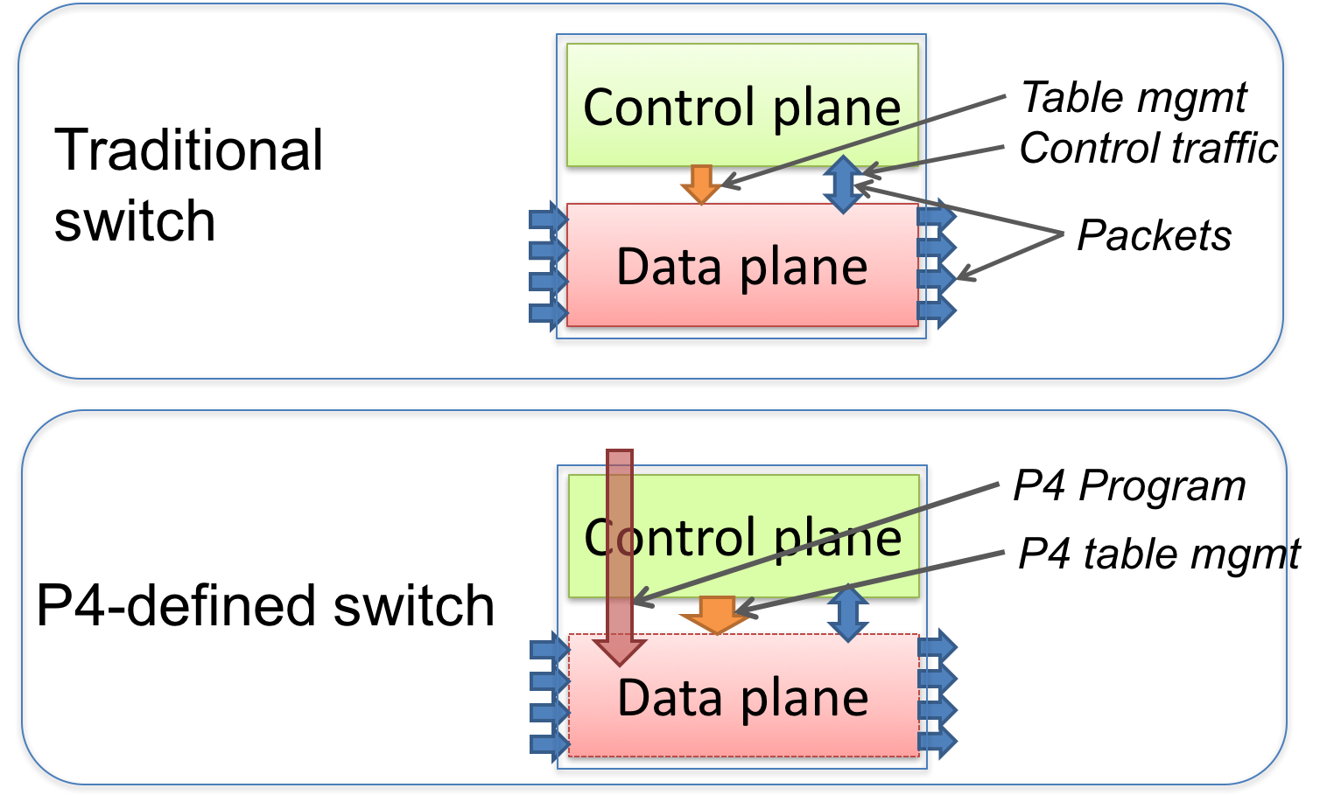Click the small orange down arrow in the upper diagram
pyautogui.click(x=700, y=184)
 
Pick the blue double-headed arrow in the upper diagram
pyautogui.click(x=843, y=185)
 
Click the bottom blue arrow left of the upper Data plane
pyautogui.click(x=549, y=312)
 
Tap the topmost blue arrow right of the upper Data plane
pyautogui.click(x=937, y=214)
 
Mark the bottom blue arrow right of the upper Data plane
pyautogui.click(x=937, y=310)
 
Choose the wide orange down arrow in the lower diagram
pyautogui.click(x=716, y=614)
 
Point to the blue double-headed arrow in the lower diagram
pyautogui.click(x=848, y=613)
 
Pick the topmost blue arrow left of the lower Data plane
pyautogui.click(x=550, y=648)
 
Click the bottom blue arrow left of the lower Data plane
pyautogui.click(x=550, y=744)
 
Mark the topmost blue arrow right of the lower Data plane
pyautogui.click(x=937, y=646)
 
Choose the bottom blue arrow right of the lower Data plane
pyautogui.click(x=937, y=742)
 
